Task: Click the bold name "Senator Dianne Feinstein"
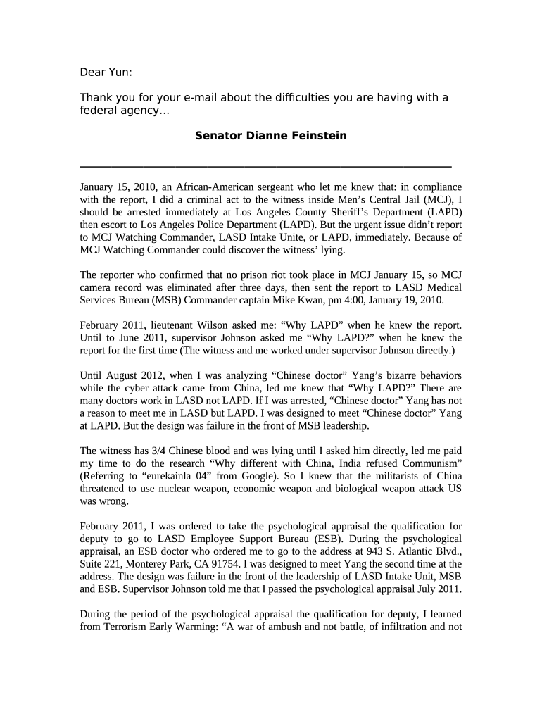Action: click(270, 135)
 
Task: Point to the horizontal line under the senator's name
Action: click(265, 166)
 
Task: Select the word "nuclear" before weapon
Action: click(182, 489)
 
